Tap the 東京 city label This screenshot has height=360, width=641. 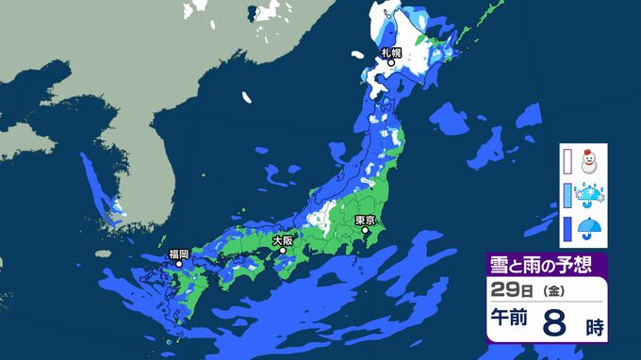point(365,220)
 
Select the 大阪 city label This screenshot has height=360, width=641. point(283,240)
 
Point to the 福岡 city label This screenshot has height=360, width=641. point(179,254)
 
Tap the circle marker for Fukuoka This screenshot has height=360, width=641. point(179,265)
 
